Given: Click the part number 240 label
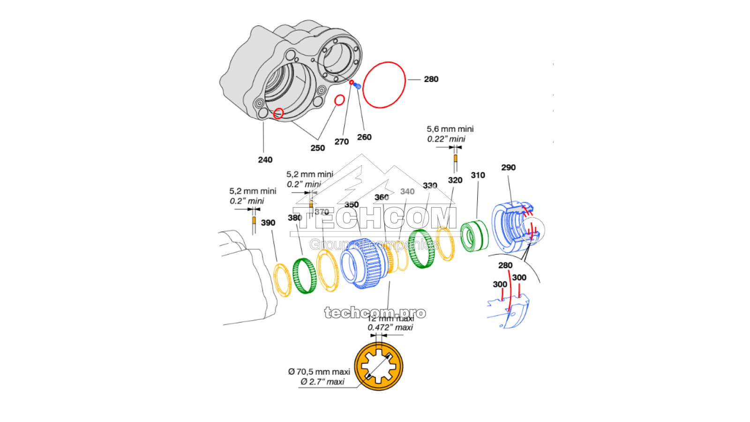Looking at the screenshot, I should coord(265,160).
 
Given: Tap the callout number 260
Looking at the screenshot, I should coord(364,137).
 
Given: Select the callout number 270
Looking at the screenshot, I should coord(341,142).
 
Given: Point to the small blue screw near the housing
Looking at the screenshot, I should coord(358,86).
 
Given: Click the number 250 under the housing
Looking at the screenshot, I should coord(317,148).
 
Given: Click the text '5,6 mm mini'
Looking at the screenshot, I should coord(450,129).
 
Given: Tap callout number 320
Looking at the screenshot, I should coord(455,181).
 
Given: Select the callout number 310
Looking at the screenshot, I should coord(478,175).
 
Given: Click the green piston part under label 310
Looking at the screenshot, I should coord(474,236).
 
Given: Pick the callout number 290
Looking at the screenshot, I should coord(508,168).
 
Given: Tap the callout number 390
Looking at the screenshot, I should coord(268,223).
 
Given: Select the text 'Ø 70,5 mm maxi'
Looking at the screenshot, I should coord(319,372).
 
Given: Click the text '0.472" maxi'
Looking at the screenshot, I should coord(390,328).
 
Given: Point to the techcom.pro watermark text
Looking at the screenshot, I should coord(375,313).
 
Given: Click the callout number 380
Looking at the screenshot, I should coord(295,218).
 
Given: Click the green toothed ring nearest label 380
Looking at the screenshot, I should coord(304,276).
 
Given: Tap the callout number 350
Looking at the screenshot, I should coord(352,205).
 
